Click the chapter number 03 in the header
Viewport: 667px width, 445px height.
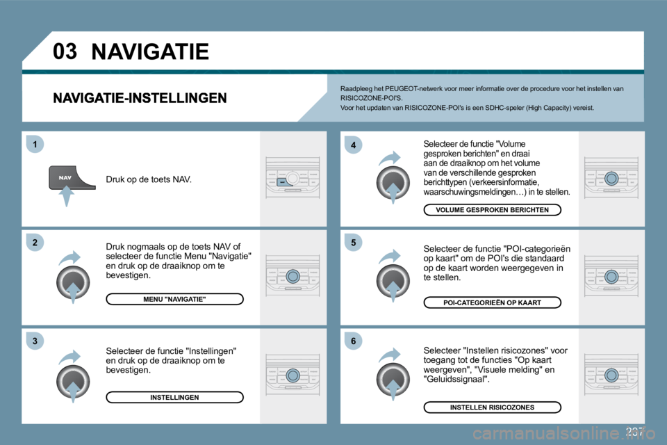65,51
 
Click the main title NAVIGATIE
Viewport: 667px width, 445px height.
149,51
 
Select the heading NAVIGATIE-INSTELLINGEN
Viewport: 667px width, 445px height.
140,98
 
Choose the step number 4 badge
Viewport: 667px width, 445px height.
353,145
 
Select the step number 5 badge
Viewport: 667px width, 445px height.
353,243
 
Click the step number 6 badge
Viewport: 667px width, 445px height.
353,341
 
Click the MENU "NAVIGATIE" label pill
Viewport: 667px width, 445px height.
174,299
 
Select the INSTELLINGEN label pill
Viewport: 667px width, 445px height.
174,397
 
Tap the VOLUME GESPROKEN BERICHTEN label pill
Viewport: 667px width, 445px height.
492,210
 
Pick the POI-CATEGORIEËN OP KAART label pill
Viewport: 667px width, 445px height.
492,302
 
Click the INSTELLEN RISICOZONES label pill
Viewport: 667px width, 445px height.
492,407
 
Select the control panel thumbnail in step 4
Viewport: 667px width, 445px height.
611,178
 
